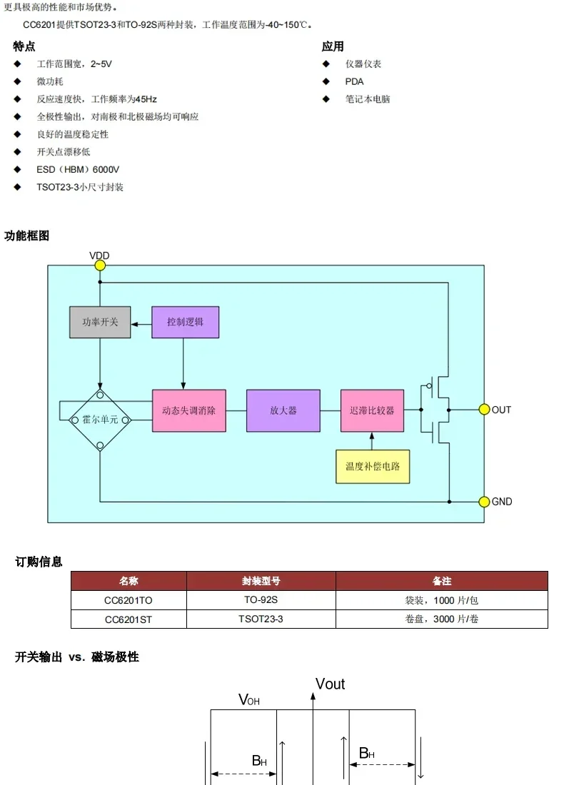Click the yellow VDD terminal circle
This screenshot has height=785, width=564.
pos(100,265)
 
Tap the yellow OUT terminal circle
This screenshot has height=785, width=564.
pos(483,410)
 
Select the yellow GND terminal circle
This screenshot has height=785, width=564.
pos(483,502)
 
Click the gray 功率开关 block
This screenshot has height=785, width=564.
pos(99,323)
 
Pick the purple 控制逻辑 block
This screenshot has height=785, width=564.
pos(185,323)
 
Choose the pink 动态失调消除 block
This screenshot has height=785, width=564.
pos(188,410)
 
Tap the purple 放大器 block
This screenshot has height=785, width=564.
pos(283,410)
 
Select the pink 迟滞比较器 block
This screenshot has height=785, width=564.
pos(372,410)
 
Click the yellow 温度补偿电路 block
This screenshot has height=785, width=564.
pos(373,466)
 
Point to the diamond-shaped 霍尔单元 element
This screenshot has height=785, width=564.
pos(100,420)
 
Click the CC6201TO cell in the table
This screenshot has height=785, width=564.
pos(129,600)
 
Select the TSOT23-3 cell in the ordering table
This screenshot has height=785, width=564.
pos(261,619)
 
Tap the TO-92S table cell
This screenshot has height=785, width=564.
pos(261,600)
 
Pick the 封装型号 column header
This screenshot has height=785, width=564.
pos(261,581)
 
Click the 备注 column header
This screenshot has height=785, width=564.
pos(441,581)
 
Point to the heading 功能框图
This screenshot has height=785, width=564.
pos(27,235)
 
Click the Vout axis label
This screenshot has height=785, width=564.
pos(330,684)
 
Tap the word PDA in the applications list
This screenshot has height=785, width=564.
pos(354,81)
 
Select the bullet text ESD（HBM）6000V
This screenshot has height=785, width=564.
pos(78,170)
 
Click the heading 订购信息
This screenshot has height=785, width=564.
pos(39,562)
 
